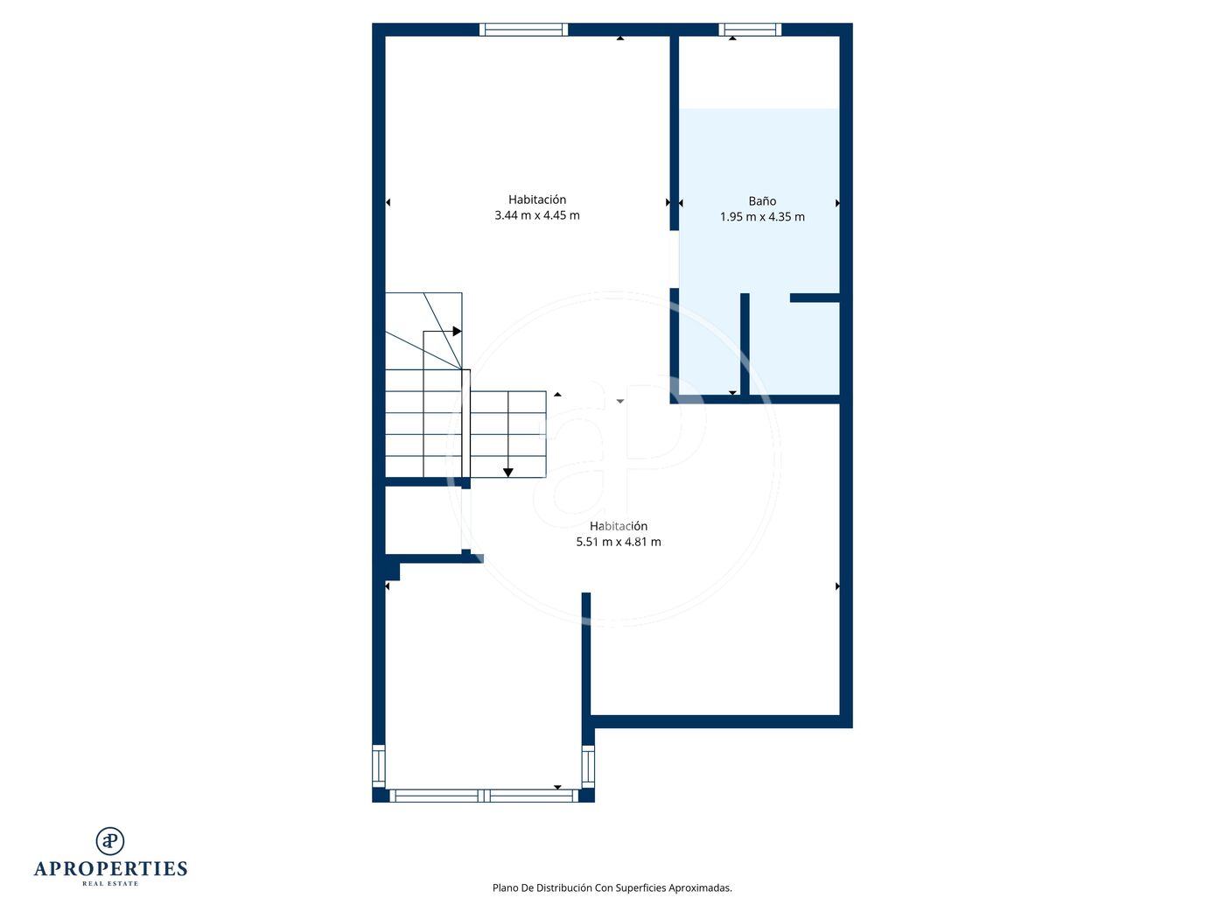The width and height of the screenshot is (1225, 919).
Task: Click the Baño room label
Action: click(762, 201)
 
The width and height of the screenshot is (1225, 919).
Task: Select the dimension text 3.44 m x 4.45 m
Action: click(537, 215)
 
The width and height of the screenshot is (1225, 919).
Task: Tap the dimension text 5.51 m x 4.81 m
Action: click(619, 542)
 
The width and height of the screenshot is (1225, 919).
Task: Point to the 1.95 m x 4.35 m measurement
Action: click(762, 216)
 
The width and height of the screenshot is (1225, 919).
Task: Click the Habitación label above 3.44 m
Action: click(537, 200)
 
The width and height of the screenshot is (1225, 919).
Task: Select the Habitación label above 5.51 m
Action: click(619, 526)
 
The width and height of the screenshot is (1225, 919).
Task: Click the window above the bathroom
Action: click(750, 30)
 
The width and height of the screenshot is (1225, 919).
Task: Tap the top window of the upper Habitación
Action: click(523, 30)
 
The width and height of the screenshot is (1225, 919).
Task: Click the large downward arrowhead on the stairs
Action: click(507, 473)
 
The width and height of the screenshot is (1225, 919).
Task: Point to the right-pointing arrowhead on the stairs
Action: click(457, 332)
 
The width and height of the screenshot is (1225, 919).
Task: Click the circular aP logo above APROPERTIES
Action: click(110, 841)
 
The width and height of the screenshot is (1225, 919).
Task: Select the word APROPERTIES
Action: click(110, 869)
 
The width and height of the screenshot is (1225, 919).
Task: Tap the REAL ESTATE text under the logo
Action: click(110, 883)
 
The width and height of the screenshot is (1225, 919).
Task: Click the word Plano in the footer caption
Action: click(505, 887)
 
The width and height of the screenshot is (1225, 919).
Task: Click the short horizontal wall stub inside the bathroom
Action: click(815, 298)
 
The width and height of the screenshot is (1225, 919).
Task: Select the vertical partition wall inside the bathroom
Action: click(745, 344)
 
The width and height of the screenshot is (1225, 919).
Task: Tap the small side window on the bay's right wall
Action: click(588, 767)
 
